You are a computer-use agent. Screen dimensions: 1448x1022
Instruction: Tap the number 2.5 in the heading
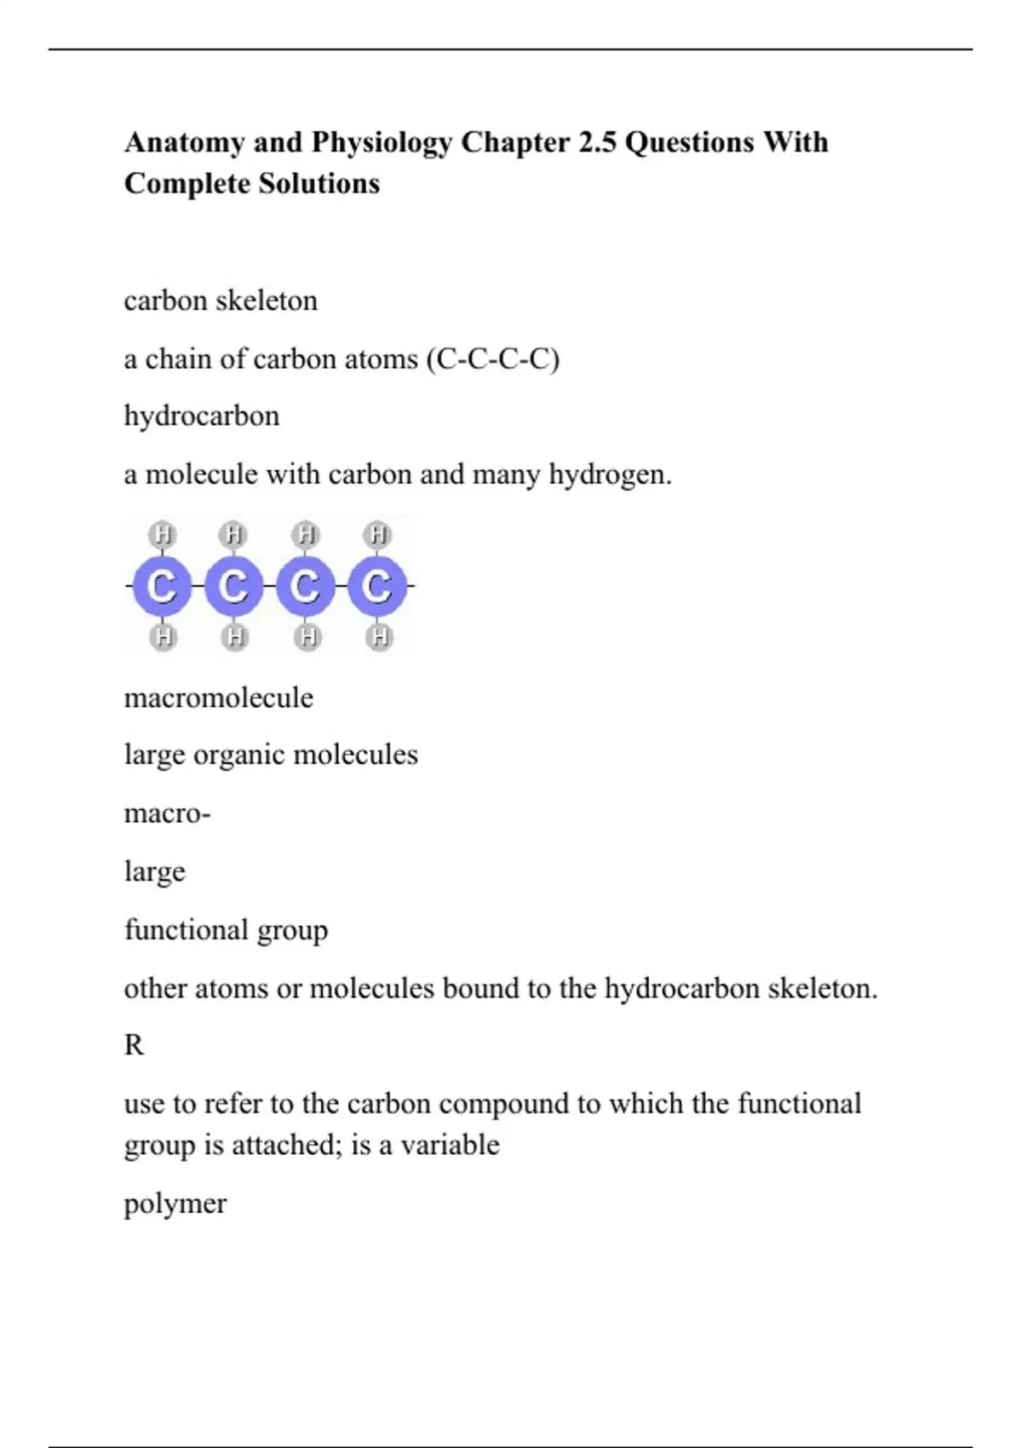pyautogui.click(x=596, y=142)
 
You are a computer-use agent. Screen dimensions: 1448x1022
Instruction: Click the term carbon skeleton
pyautogui.click(x=221, y=301)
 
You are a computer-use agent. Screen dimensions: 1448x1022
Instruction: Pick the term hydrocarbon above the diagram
pyautogui.click(x=202, y=417)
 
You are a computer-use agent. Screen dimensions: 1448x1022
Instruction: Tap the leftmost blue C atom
pyautogui.click(x=162, y=586)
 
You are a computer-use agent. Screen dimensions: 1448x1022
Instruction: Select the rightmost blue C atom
pyautogui.click(x=377, y=586)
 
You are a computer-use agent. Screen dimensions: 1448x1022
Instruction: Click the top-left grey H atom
pyautogui.click(x=162, y=535)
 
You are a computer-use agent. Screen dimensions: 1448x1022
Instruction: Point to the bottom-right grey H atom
pyautogui.click(x=379, y=636)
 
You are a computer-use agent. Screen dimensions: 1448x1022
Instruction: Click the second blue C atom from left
pyautogui.click(x=233, y=586)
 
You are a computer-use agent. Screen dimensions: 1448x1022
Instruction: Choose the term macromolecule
pyautogui.click(x=219, y=698)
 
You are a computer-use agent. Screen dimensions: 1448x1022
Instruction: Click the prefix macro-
pyautogui.click(x=167, y=814)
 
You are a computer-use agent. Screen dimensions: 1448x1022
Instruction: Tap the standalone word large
pyautogui.click(x=154, y=872)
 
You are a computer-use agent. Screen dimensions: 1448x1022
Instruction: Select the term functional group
pyautogui.click(x=226, y=930)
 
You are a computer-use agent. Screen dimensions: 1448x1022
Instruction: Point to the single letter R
pyautogui.click(x=134, y=1045)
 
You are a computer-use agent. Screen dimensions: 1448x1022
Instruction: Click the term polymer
pyautogui.click(x=175, y=1204)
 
